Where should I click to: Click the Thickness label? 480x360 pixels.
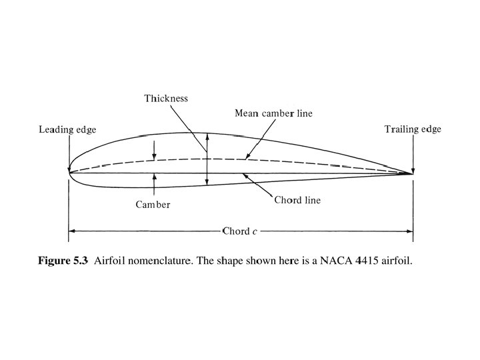(166, 99)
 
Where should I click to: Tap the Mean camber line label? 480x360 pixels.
(273, 113)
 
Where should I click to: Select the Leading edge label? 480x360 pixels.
(67, 129)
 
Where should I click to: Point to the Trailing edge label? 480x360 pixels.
(413, 129)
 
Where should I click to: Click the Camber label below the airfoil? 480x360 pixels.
(153, 205)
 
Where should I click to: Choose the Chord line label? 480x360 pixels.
(297, 201)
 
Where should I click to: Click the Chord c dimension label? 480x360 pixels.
(240, 231)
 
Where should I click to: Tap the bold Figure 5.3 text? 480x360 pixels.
(63, 261)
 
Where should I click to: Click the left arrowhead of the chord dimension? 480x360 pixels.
(71, 231)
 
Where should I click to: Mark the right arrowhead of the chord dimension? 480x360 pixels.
(410, 231)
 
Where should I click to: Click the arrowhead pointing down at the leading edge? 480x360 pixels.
(69, 167)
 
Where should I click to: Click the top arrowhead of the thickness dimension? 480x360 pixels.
(207, 136)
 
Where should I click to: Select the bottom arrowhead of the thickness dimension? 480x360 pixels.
(207, 182)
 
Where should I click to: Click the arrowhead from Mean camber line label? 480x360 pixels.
(247, 157)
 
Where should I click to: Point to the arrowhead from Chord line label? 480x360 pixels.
(245, 175)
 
